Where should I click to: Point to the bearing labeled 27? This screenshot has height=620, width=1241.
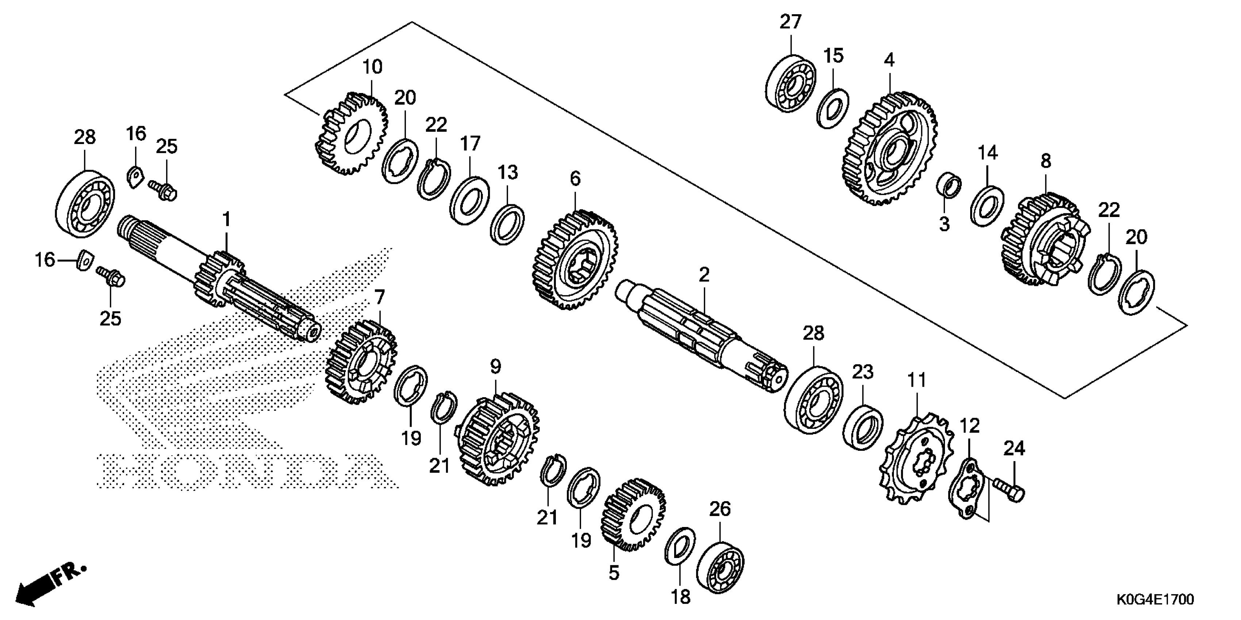(790, 86)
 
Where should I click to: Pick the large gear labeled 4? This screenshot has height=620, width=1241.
(889, 149)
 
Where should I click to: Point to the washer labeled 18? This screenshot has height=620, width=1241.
(679, 546)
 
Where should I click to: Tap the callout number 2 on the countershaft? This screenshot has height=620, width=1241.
(704, 275)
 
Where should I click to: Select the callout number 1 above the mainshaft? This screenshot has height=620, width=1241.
(226, 220)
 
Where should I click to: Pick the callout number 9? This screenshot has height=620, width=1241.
(496, 367)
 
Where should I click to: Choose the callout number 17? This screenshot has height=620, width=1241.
(470, 143)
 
